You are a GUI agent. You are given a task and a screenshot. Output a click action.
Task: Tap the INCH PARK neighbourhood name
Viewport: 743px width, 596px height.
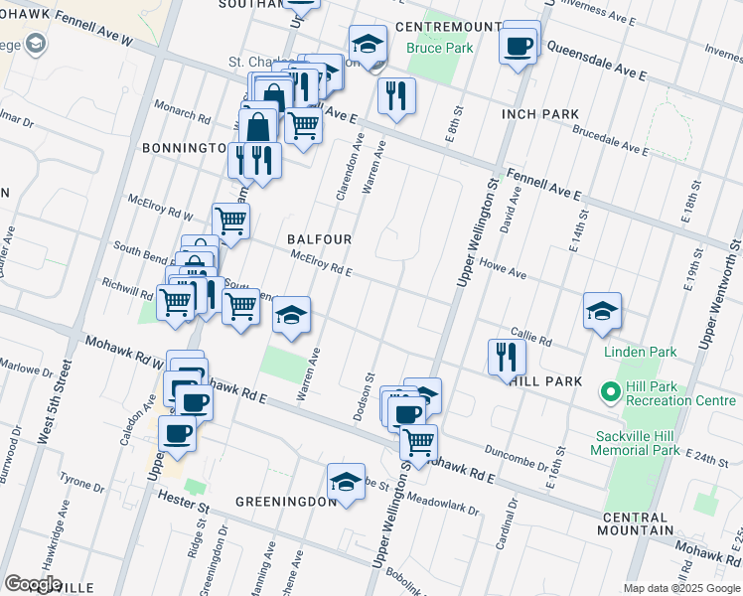(x=540, y=114)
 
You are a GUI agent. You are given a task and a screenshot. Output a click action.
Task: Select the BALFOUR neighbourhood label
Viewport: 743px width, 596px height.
(x=319, y=239)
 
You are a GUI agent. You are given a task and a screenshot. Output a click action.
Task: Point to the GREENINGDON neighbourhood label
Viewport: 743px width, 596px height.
(x=286, y=502)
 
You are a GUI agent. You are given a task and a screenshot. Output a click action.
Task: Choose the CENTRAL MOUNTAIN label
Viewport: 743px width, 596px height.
(x=647, y=524)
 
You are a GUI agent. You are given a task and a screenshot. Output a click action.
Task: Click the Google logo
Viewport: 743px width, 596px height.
(x=33, y=583)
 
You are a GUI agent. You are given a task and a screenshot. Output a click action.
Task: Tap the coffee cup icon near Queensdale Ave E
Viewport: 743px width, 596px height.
(x=520, y=45)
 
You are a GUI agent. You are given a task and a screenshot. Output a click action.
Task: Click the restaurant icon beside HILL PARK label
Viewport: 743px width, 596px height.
(x=507, y=356)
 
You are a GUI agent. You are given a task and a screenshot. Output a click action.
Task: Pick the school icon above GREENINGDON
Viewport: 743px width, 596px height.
(x=345, y=483)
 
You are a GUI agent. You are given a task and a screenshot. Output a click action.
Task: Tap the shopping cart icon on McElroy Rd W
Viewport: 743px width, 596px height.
(x=230, y=222)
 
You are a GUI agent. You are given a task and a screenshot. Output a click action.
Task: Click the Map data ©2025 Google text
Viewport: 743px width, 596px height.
(x=680, y=588)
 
